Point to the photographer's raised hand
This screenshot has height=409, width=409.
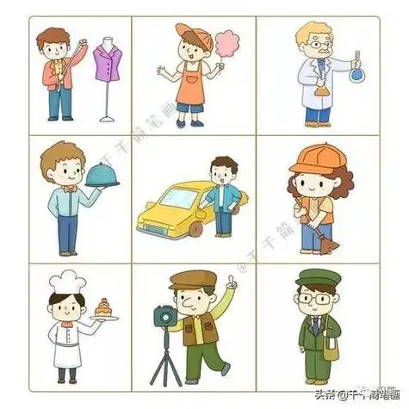pos(231,282)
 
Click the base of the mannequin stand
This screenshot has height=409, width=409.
pos(107,119)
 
